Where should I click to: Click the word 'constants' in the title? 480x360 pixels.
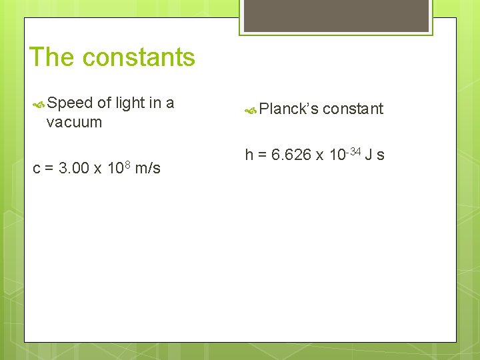click(x=139, y=57)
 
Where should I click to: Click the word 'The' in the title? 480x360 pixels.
click(x=53, y=57)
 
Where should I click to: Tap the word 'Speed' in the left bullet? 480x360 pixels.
click(x=70, y=103)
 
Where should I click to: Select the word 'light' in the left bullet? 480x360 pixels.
click(x=129, y=103)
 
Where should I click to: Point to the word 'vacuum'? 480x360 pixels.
click(x=74, y=122)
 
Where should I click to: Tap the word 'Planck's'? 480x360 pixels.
click(x=289, y=109)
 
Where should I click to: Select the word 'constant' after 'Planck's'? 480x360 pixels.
click(x=353, y=109)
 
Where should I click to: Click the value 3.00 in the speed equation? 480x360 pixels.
click(x=73, y=168)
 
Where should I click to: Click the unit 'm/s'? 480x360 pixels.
click(x=147, y=168)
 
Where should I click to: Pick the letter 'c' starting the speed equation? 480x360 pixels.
click(x=37, y=169)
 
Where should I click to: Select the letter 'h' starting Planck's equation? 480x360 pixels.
click(x=249, y=155)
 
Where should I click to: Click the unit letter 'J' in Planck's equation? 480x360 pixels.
click(x=369, y=155)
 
